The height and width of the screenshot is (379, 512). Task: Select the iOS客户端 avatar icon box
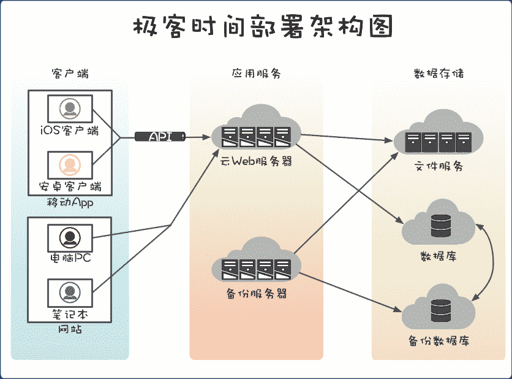69,109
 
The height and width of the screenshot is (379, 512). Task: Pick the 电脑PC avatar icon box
69,237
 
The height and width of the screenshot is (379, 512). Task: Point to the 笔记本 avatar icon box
69,293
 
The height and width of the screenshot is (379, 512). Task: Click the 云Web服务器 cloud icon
256,130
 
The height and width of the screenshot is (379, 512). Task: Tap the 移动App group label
69,202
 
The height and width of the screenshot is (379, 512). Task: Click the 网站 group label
69,329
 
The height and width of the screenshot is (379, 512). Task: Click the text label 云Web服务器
256,162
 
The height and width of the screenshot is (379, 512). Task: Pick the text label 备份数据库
439,340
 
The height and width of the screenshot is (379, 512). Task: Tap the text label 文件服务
439,166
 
